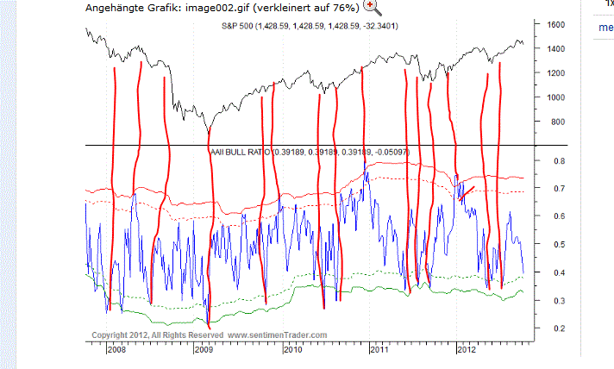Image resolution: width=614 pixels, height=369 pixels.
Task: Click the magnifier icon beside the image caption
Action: (x=373, y=8)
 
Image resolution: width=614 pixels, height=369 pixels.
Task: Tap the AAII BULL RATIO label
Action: (x=241, y=152)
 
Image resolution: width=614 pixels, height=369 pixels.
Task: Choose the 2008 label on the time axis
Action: (x=117, y=350)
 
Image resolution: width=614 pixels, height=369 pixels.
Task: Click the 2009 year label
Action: (x=204, y=350)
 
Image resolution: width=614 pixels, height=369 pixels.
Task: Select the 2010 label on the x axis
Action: (x=293, y=350)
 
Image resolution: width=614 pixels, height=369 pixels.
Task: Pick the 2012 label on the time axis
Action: (x=467, y=350)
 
